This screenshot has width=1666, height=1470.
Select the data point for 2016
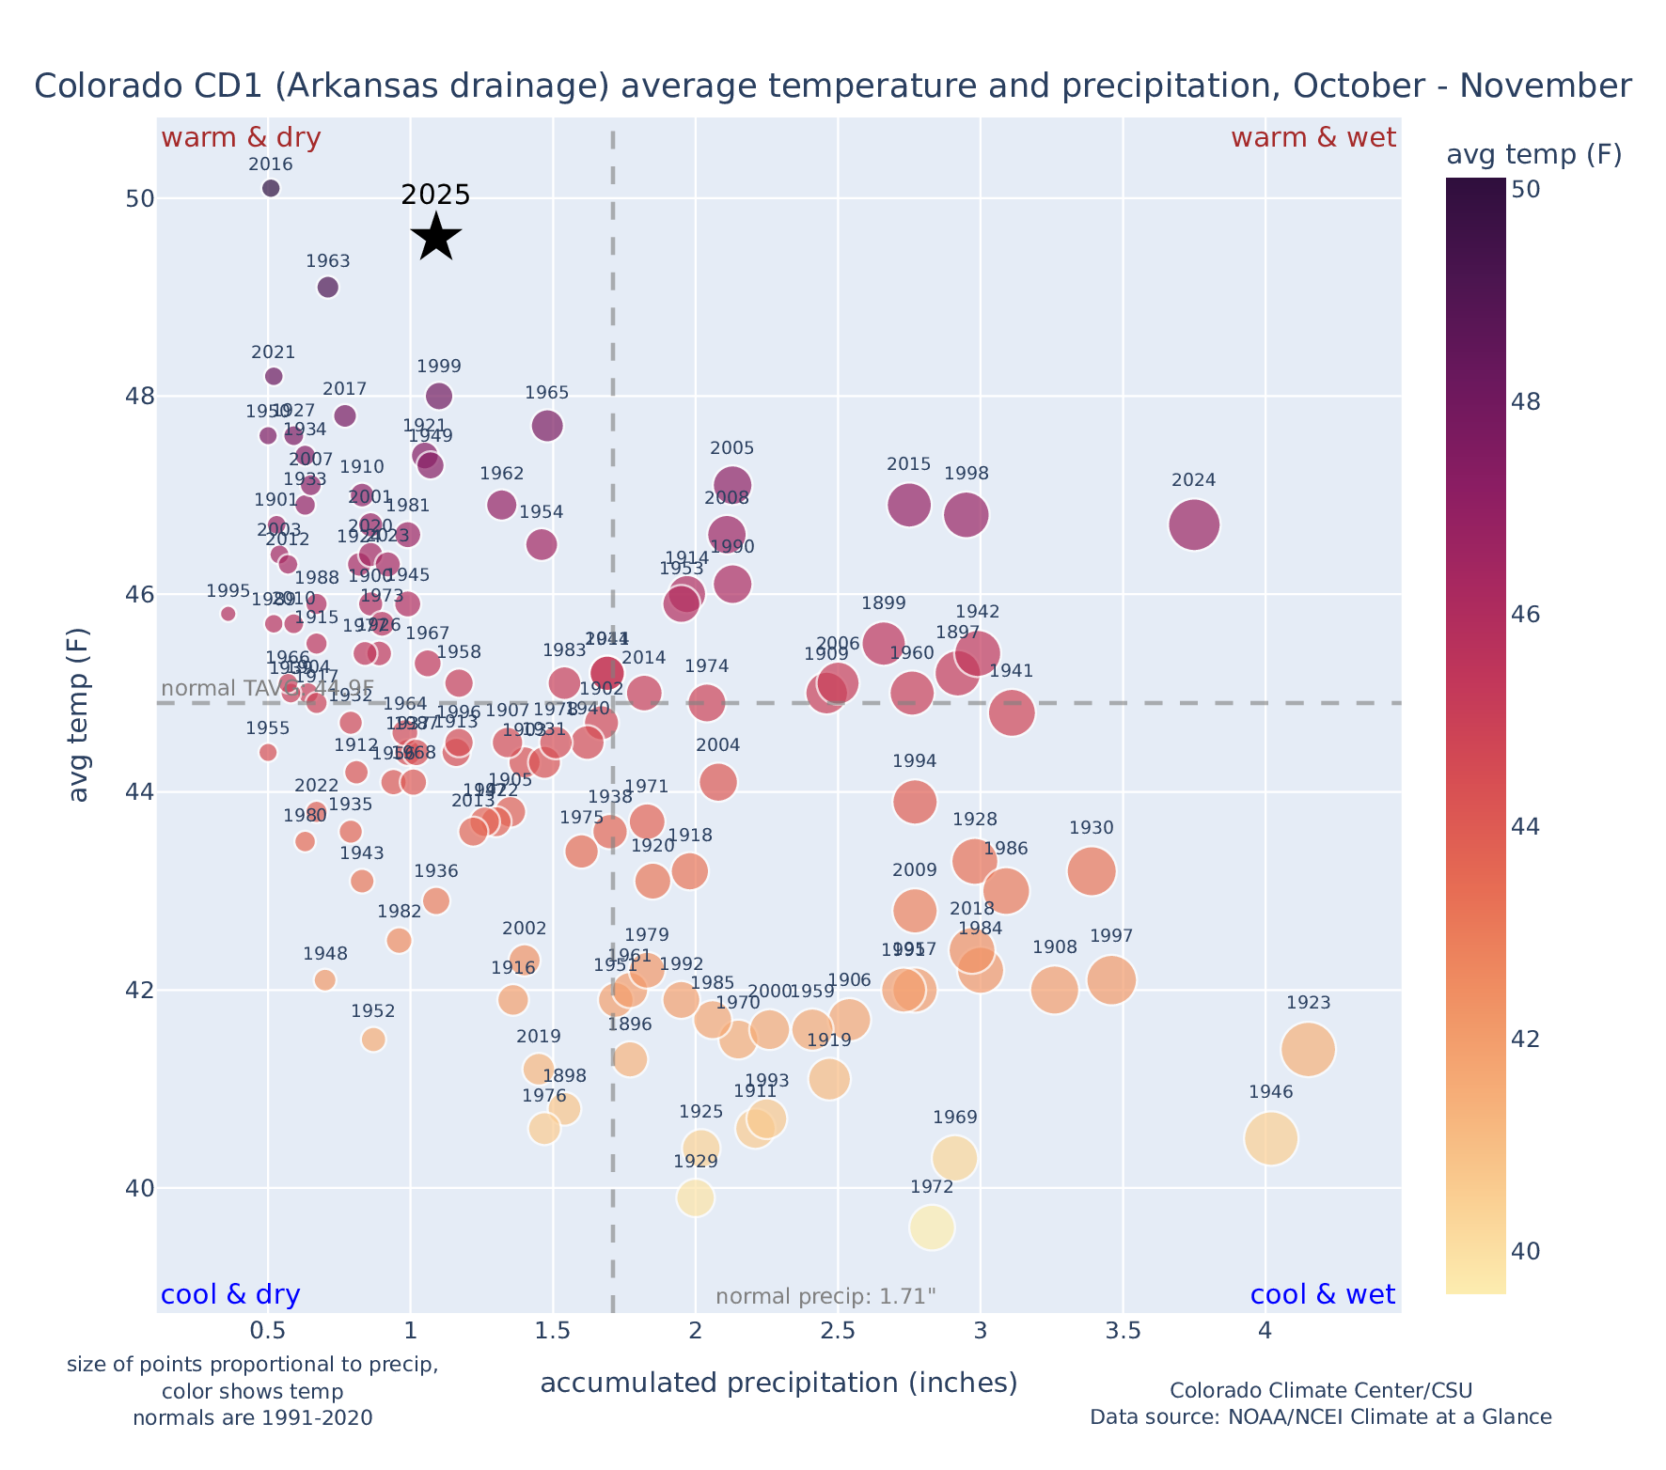[271, 188]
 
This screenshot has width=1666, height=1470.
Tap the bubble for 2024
[1194, 525]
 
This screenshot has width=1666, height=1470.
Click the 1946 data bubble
[1271, 1139]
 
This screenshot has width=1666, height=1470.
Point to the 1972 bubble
[932, 1228]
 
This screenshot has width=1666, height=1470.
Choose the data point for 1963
[328, 288]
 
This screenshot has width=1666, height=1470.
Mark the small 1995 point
[228, 614]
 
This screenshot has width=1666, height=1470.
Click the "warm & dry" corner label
[241, 138]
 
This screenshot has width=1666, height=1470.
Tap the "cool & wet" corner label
[1323, 1295]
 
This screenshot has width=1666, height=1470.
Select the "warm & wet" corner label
[1313, 138]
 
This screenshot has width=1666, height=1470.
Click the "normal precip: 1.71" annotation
[825, 1297]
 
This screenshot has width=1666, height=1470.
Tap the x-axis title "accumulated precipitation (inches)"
[778, 1383]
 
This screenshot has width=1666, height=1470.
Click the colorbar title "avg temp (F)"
[1533, 154]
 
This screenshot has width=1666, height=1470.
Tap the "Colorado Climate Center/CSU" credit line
[1321, 1390]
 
